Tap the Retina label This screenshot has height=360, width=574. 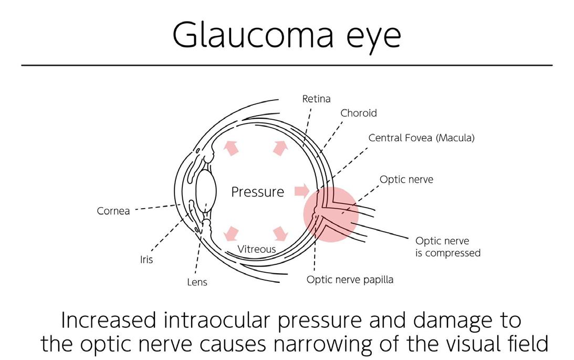[316, 99]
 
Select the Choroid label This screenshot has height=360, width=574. [358, 113]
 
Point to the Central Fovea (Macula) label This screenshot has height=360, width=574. [421, 138]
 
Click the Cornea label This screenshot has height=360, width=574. [113, 211]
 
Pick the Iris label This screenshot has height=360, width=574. [147, 260]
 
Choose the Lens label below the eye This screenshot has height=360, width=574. [197, 282]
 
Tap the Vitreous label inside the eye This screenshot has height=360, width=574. [256, 249]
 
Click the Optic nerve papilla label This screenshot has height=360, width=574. [350, 280]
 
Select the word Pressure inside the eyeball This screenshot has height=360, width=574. [257, 192]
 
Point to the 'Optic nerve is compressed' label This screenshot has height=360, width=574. [447, 247]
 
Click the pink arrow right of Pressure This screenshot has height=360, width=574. [301, 191]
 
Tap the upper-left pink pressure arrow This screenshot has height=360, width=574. [231, 148]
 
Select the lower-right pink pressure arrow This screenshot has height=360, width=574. [281, 232]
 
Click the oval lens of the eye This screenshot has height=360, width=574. [206, 192]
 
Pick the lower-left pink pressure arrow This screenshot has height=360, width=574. [231, 232]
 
